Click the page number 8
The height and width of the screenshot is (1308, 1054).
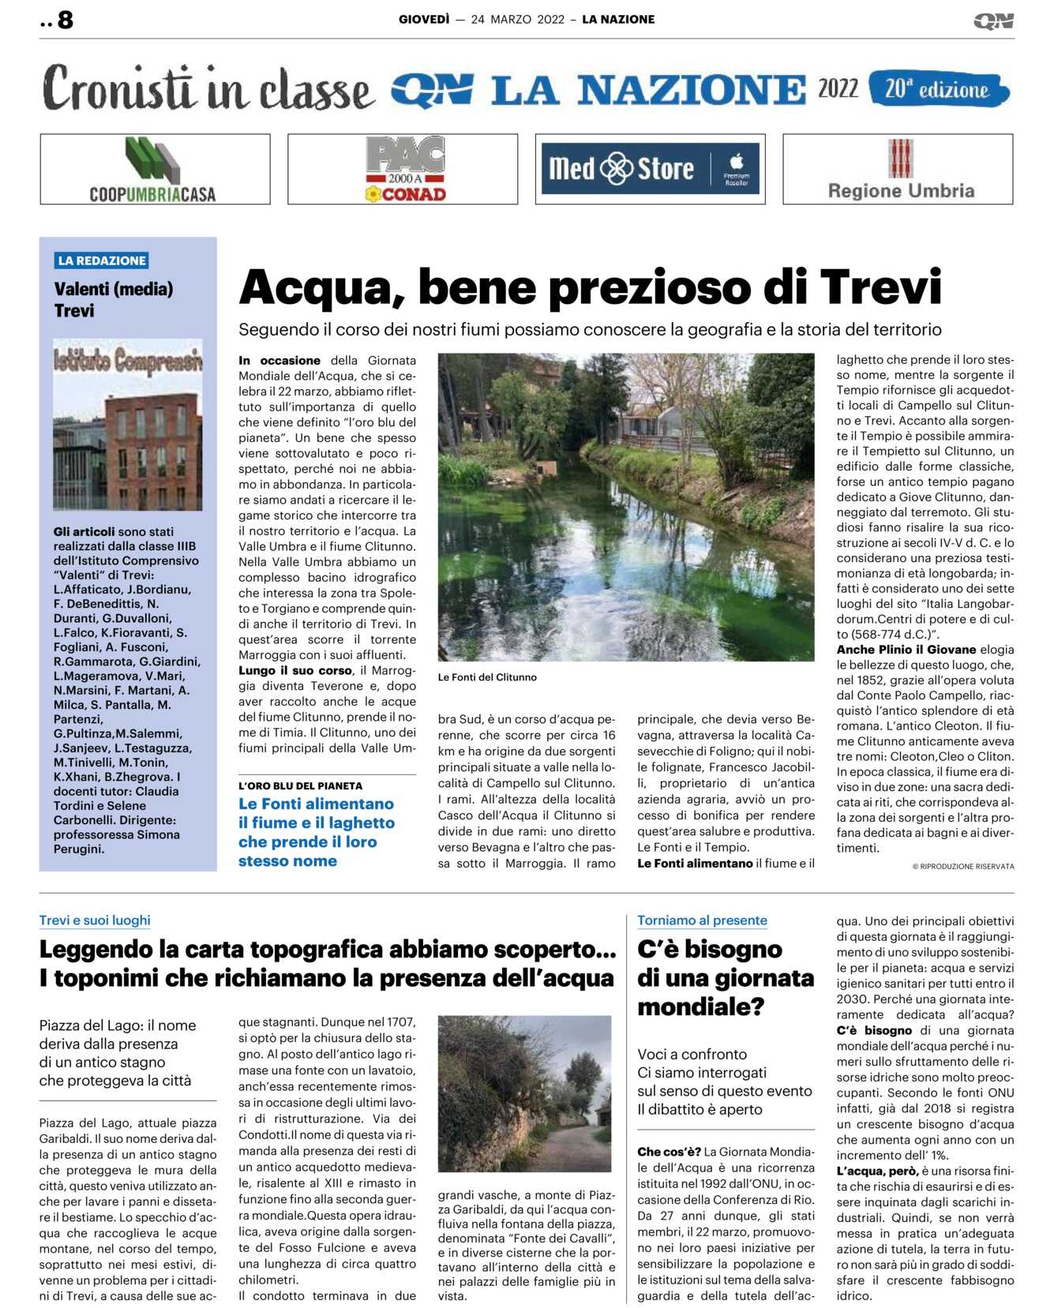click(65, 20)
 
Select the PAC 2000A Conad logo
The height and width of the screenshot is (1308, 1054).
click(404, 170)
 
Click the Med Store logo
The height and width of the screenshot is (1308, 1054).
click(650, 169)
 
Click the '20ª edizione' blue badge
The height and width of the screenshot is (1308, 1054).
click(937, 89)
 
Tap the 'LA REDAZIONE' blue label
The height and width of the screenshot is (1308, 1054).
click(102, 260)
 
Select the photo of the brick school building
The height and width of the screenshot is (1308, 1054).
click(128, 425)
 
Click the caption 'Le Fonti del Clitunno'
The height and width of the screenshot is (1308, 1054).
click(487, 677)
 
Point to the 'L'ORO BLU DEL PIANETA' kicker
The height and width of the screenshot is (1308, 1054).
click(301, 786)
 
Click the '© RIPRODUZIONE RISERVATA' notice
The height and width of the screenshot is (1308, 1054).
click(963, 867)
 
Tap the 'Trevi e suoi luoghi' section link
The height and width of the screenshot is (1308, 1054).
click(95, 920)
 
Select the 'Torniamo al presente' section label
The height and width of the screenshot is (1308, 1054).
click(702, 920)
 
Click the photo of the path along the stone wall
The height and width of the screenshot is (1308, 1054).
click(524, 1093)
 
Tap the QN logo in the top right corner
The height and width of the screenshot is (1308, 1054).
click(993, 21)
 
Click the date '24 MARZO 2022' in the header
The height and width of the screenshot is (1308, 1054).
click(517, 20)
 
